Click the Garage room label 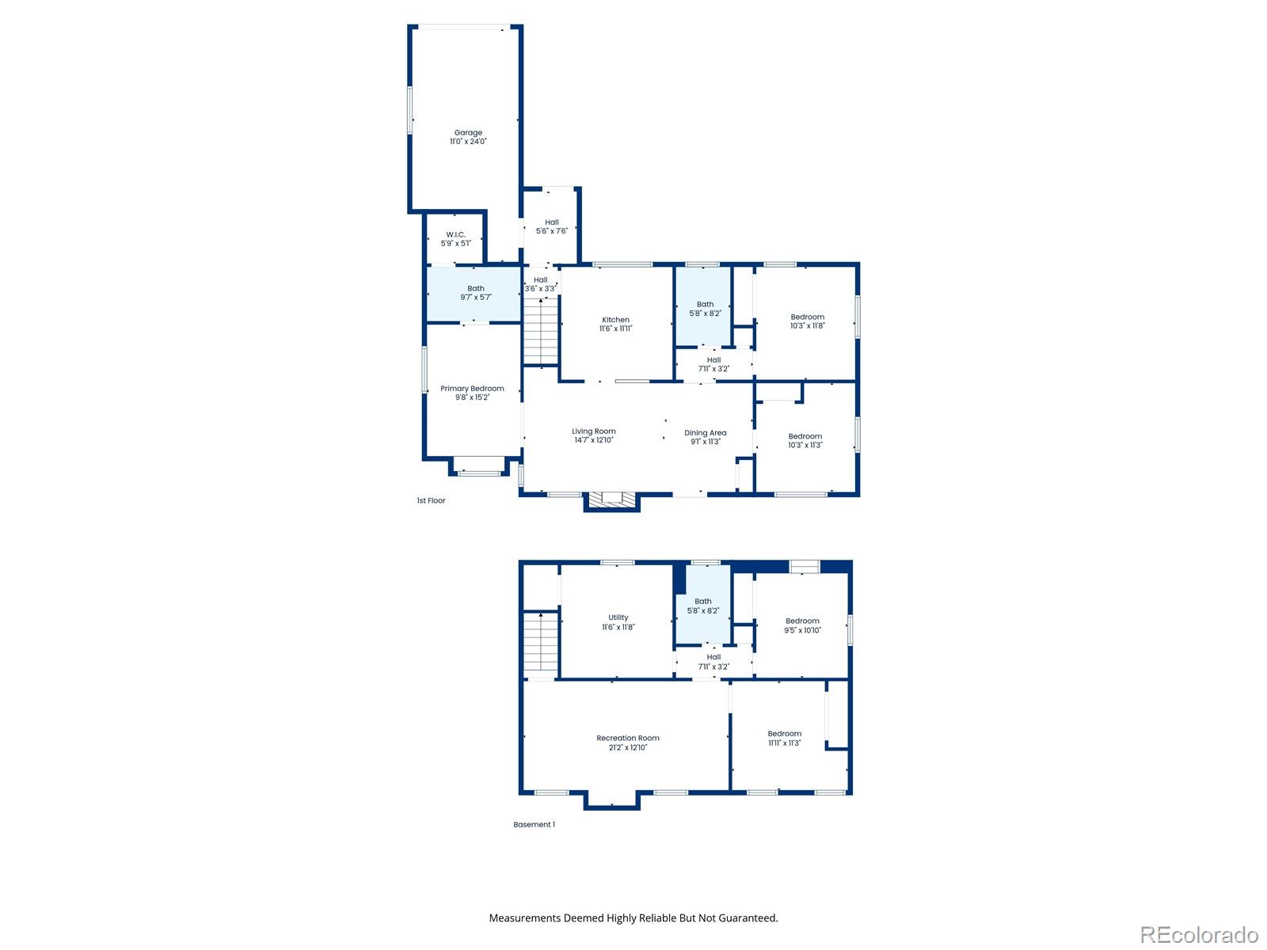point(468,133)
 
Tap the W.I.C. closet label point(455,235)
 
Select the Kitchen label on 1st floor point(615,320)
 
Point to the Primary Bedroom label point(472,389)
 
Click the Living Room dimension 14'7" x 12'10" point(594,440)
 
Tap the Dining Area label point(705,433)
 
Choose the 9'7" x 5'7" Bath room point(475,294)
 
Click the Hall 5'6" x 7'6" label point(551,226)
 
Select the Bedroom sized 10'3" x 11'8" point(807,321)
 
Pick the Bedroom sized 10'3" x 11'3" point(805,440)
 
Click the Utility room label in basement point(618,617)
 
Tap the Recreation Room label point(627,738)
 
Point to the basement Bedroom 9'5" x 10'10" point(802,625)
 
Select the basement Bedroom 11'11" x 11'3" point(784,738)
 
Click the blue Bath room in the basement point(702,606)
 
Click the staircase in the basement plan point(541,643)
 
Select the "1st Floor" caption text point(431,500)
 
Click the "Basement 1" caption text point(534,824)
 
